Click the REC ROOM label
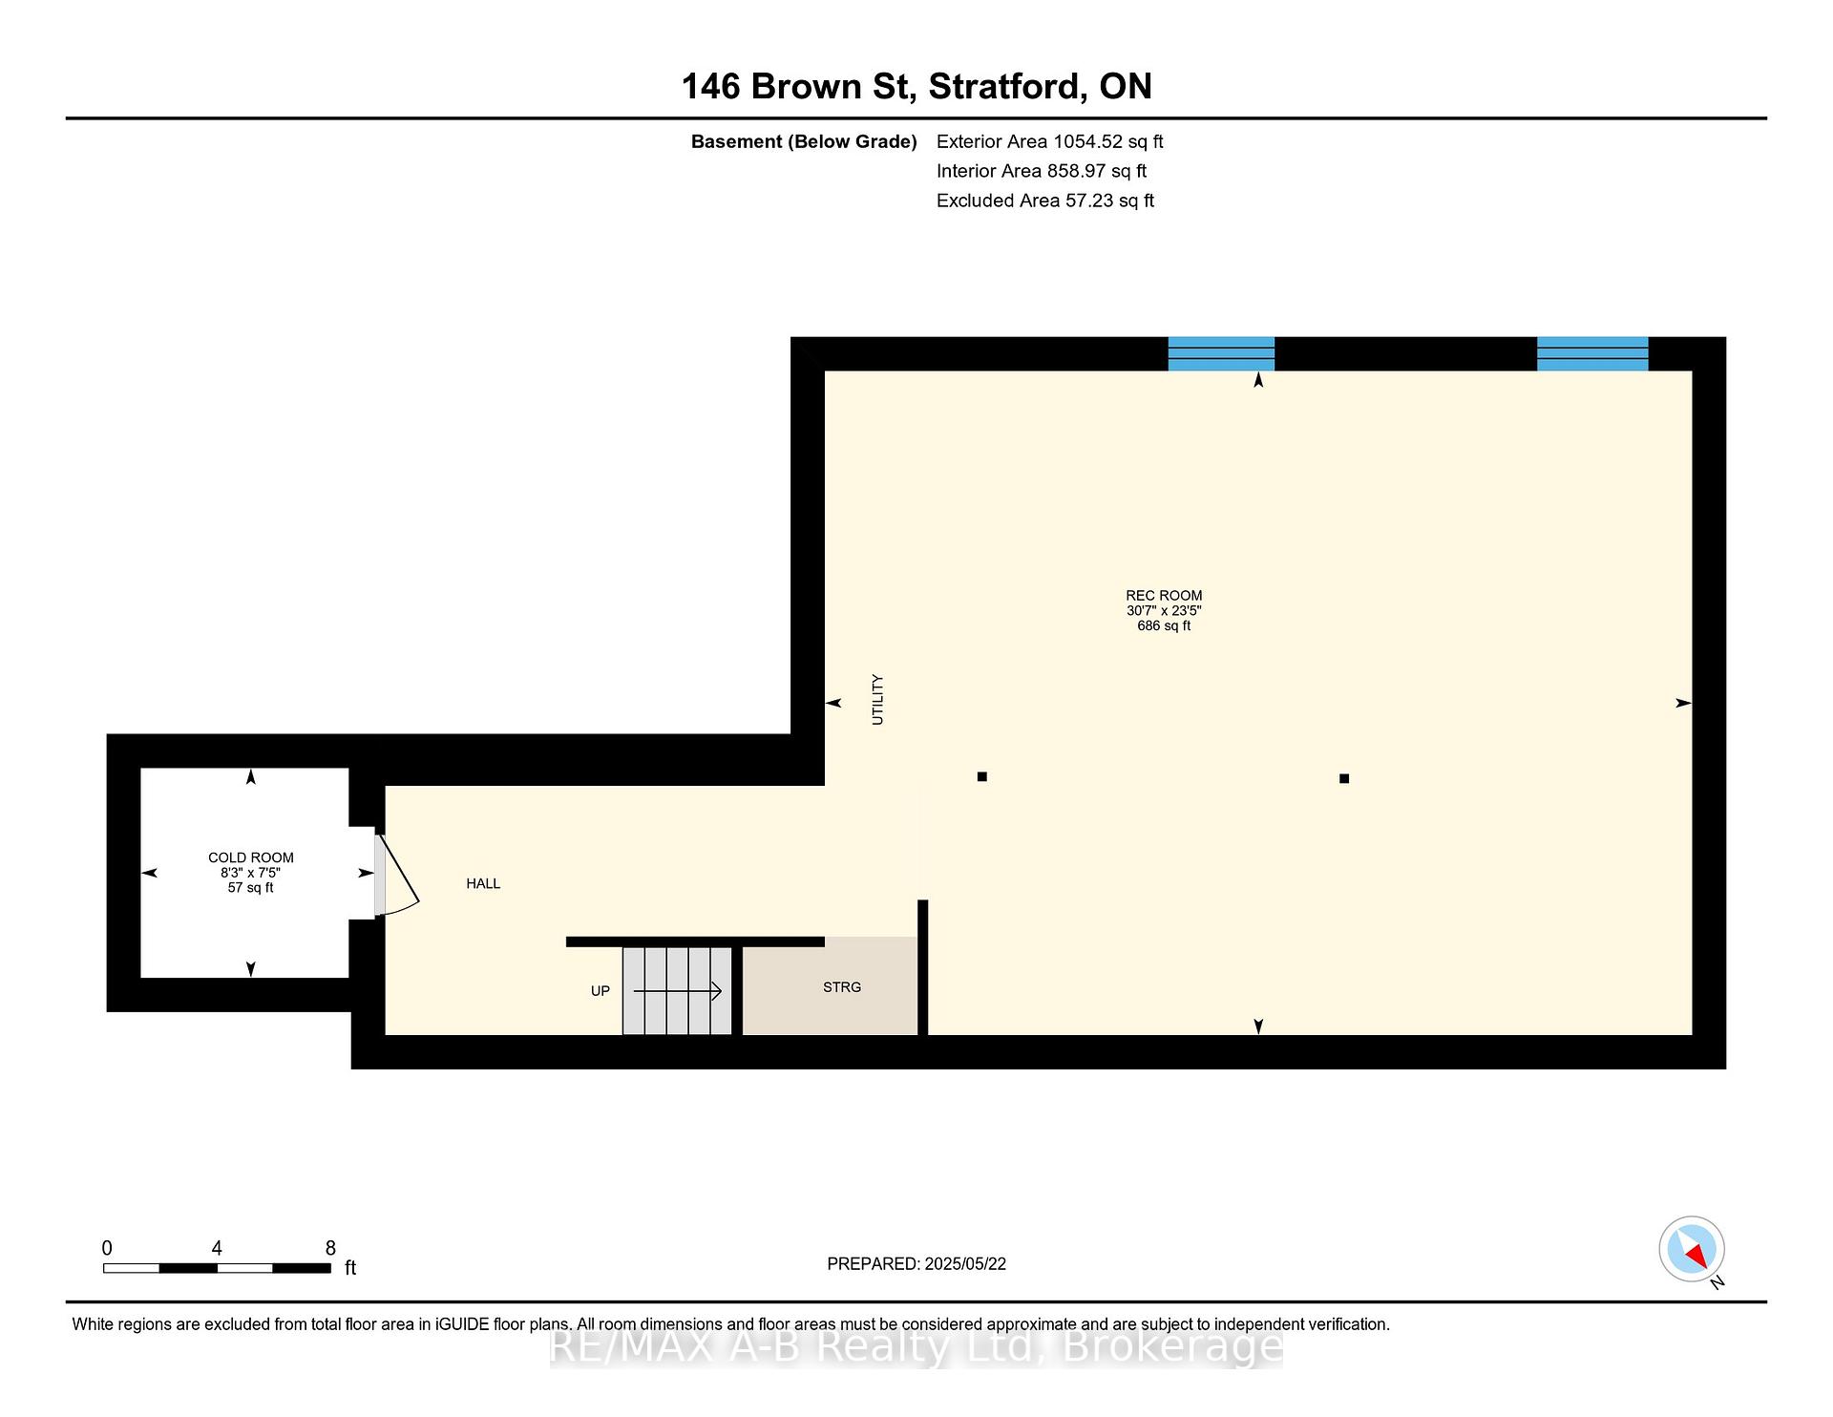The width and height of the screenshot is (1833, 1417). tap(1164, 596)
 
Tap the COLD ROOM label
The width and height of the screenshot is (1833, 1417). tap(251, 857)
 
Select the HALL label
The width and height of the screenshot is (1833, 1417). tap(483, 884)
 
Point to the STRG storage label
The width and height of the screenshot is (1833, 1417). tap(842, 987)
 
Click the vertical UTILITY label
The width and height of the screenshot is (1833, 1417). tap(877, 700)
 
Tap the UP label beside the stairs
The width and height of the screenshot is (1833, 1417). tap(600, 991)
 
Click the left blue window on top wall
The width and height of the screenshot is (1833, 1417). tap(1221, 353)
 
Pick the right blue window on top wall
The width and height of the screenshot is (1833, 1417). tap(1592, 353)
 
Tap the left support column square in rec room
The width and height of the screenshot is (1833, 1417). tap(982, 777)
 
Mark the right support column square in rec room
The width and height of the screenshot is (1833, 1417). tap(1344, 779)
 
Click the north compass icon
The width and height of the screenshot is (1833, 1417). tap(1692, 1249)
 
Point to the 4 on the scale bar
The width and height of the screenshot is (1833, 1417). tap(217, 1248)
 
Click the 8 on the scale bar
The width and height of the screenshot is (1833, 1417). tap(330, 1248)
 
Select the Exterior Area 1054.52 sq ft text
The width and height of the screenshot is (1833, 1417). tap(1050, 142)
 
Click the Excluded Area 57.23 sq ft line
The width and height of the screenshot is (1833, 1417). tap(1045, 201)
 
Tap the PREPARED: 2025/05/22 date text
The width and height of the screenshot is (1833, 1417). tap(916, 1264)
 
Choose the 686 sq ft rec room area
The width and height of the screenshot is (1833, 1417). tap(1164, 626)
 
